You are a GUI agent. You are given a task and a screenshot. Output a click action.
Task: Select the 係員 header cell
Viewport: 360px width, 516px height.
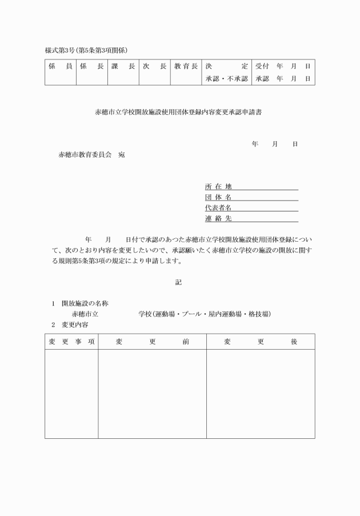[x=60, y=66]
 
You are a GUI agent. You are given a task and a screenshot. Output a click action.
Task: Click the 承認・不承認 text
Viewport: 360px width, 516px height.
[x=226, y=79]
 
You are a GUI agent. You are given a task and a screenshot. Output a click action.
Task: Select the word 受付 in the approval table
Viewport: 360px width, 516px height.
[x=262, y=66]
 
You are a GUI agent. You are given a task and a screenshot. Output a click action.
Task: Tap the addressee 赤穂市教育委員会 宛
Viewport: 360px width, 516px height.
[x=91, y=155]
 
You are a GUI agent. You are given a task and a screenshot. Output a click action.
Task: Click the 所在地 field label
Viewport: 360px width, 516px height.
[x=218, y=186]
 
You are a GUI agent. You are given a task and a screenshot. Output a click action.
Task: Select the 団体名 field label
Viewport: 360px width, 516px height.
[x=218, y=197]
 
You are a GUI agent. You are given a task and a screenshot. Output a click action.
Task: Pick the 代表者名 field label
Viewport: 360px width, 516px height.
[x=218, y=207]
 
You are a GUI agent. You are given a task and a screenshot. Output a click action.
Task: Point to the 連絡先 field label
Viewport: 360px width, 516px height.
[x=218, y=218]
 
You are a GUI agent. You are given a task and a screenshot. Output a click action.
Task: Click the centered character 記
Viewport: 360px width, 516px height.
[x=179, y=282]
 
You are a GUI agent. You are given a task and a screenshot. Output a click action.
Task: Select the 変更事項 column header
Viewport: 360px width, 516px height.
[x=71, y=342]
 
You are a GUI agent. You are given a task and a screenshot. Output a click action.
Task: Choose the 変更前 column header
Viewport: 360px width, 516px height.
[x=152, y=342]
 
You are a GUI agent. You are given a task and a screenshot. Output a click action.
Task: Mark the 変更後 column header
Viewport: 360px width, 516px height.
[x=260, y=342]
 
